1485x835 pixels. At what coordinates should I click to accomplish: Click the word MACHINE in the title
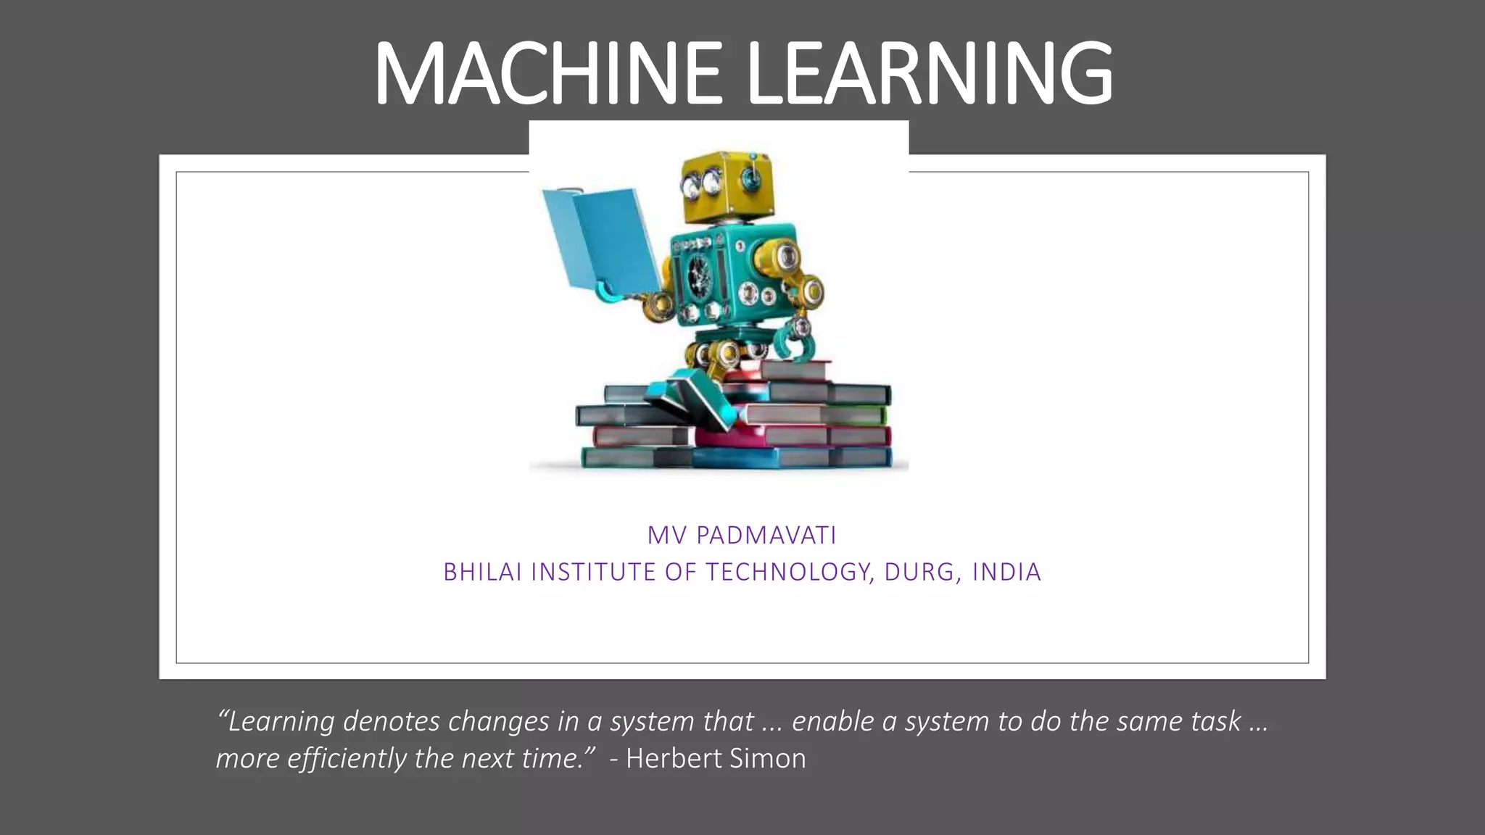tap(547, 74)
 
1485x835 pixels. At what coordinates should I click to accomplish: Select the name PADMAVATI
tap(766, 536)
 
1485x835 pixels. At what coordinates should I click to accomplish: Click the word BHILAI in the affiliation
tap(482, 573)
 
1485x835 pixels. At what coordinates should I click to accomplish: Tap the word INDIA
tap(1006, 573)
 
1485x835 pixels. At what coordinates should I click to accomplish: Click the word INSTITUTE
tap(594, 573)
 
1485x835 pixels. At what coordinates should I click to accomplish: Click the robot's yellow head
tap(726, 185)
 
